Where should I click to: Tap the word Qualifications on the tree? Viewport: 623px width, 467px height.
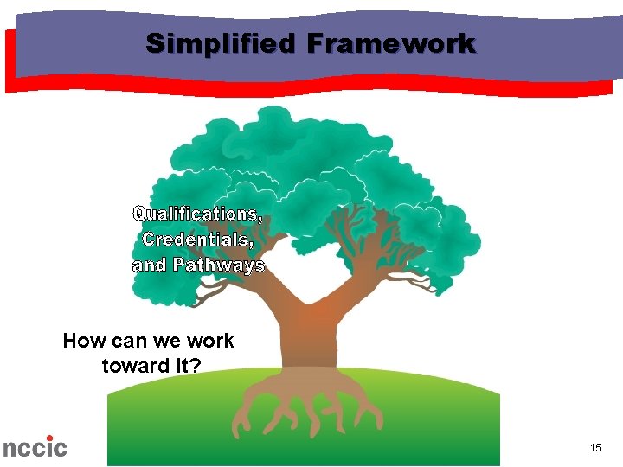coord(198,213)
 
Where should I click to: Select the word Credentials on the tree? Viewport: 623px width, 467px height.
coord(197,239)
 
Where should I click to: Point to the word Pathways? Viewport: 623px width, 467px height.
coord(219,265)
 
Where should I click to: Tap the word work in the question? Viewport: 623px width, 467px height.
coord(210,341)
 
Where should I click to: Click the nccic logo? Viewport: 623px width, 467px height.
coord(34,446)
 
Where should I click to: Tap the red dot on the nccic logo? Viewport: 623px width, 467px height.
coord(49,438)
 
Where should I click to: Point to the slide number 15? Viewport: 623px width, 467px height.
coord(595,447)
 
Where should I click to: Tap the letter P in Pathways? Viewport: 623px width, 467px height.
coord(179,265)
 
